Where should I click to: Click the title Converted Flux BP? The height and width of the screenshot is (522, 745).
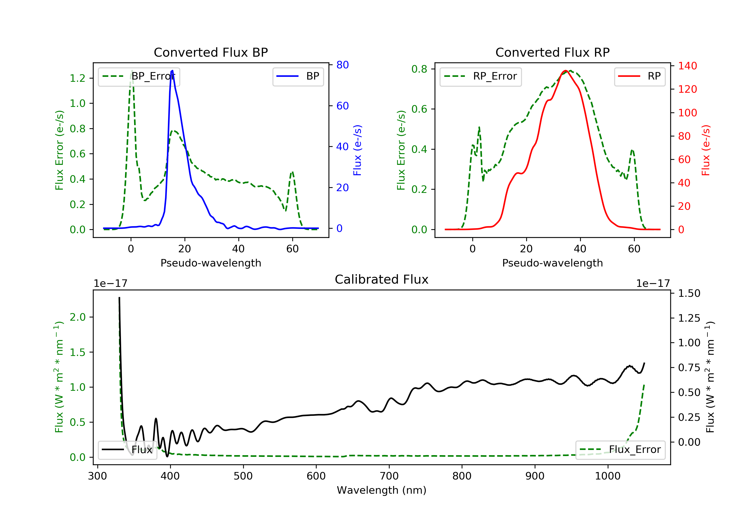[211, 52]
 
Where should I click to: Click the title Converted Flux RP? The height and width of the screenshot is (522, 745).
[552, 52]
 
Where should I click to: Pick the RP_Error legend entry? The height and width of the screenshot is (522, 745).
[480, 76]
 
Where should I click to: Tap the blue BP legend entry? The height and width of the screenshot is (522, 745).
[298, 76]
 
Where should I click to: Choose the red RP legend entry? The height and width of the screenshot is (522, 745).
[639, 76]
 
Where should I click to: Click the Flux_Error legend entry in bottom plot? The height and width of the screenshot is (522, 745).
[620, 450]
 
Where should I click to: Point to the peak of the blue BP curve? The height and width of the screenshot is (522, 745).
[172, 71]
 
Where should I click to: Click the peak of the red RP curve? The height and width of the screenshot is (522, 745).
[565, 71]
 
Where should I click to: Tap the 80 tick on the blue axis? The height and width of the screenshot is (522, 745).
[342, 65]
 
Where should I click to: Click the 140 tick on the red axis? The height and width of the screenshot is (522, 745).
[687, 66]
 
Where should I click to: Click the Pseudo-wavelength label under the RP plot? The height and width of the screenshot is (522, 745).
[552, 263]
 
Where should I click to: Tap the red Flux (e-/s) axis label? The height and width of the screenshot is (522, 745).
[706, 150]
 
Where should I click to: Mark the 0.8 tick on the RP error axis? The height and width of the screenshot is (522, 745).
[419, 69]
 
